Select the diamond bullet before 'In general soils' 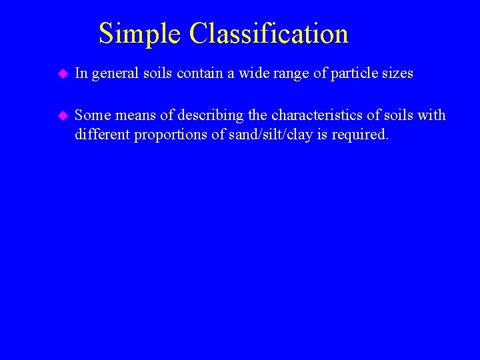click(62, 73)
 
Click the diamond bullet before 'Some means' click(62, 115)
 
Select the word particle click(350, 73)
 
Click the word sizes click(397, 73)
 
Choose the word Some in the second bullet click(92, 115)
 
